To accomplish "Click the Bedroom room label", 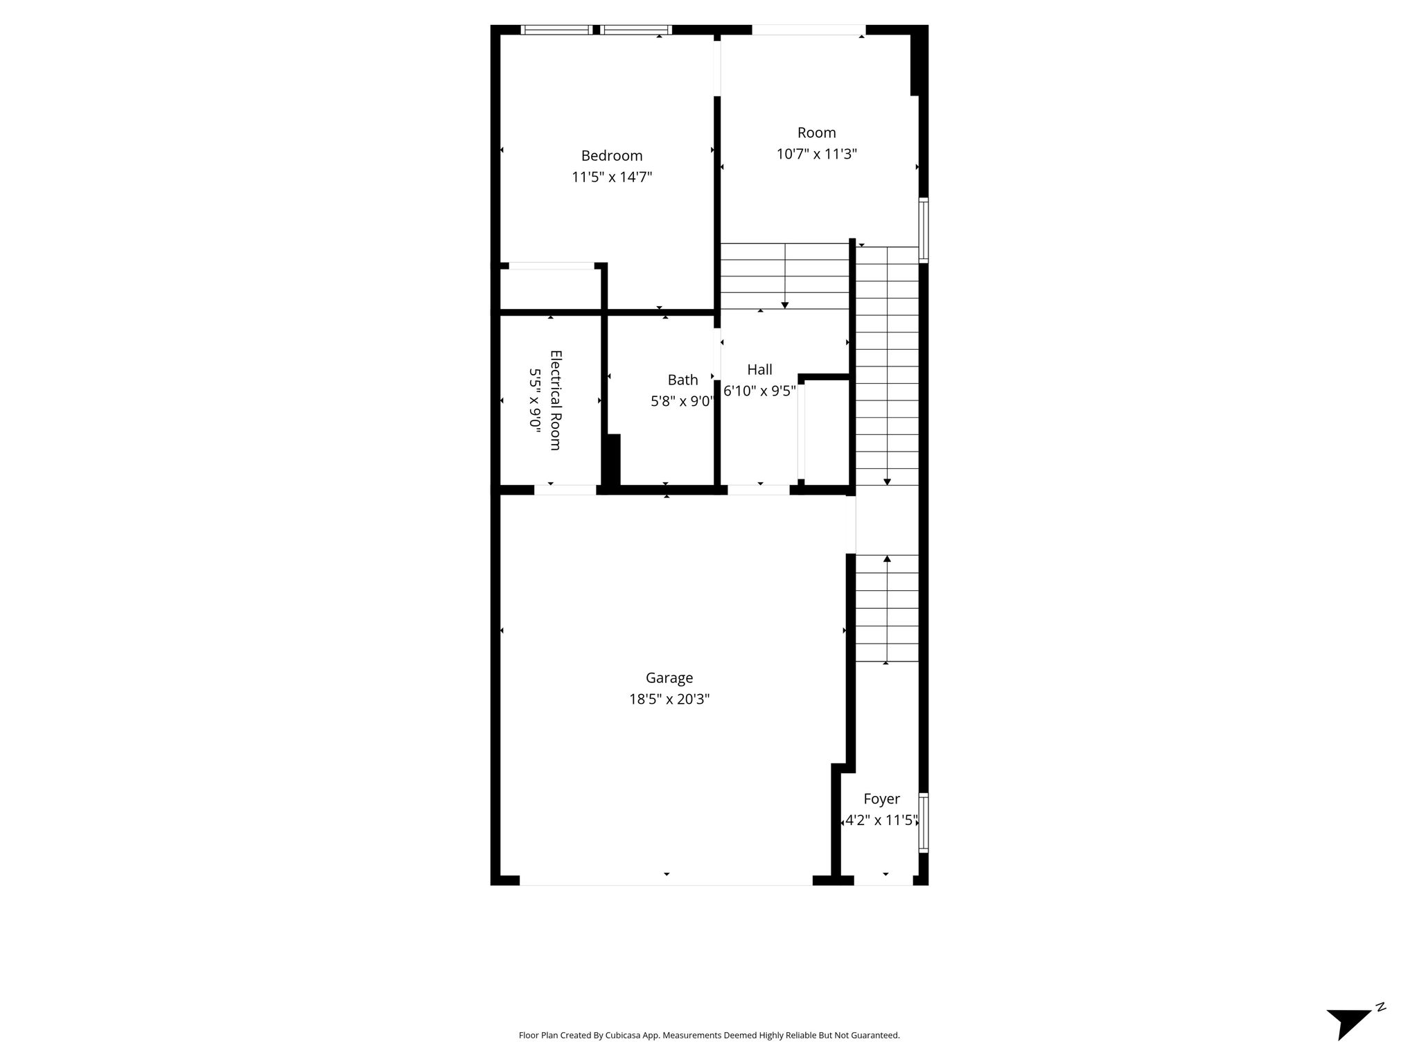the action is tap(612, 156).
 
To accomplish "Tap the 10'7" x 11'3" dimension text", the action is tap(817, 154).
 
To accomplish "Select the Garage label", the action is tap(669, 678).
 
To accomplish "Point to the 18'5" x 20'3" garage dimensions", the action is tap(669, 700).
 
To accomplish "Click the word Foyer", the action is tap(881, 799).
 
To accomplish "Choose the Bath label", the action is tap(682, 380).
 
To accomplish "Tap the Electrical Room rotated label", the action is tap(556, 400).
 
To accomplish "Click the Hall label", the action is tap(759, 370).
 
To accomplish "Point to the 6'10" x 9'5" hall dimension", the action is tap(759, 391).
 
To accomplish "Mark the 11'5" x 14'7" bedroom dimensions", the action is tap(612, 177).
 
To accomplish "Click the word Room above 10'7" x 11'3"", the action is tap(817, 132).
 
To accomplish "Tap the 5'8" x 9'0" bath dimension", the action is tap(681, 401).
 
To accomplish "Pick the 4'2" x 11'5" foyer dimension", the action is tap(881, 821).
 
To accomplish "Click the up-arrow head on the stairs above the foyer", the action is tap(887, 558).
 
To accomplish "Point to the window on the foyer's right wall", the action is tap(924, 822).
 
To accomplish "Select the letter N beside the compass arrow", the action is tap(1381, 1026).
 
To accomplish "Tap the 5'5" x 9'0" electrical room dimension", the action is tap(535, 400).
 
